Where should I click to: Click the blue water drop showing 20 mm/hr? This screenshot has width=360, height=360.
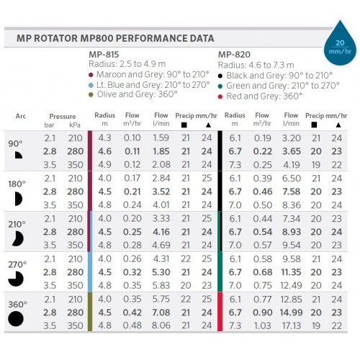pos(340,45)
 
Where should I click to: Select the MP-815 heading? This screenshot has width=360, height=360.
pos(104,55)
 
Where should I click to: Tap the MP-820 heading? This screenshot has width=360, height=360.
pos(234,55)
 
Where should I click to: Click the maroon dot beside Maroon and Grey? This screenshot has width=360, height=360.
pos(91,75)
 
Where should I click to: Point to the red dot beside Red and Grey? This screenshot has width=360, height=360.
pos(220,96)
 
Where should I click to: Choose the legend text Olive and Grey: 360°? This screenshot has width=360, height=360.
pos(137,94)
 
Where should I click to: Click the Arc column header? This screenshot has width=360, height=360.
pos(21,116)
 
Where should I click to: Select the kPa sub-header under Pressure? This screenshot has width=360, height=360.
pos(75,125)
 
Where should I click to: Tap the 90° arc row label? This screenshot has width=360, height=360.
pos(15,144)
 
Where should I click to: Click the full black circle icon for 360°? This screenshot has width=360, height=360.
pos(16,318)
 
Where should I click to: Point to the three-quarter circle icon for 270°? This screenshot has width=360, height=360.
pos(16,279)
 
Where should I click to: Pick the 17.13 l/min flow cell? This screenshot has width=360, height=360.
pos(292,325)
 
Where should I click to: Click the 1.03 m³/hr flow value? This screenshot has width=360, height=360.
pos(262,325)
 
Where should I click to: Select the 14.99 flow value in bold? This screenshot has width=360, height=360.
pos(291,312)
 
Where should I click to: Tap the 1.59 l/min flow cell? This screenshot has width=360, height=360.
pos(161,138)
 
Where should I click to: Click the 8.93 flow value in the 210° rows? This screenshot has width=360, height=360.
pos(292,232)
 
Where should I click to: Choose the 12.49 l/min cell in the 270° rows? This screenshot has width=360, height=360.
pos(291,285)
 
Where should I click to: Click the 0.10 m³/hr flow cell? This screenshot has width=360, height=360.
pos(132,138)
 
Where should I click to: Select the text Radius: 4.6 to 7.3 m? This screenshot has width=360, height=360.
pos(256,65)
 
